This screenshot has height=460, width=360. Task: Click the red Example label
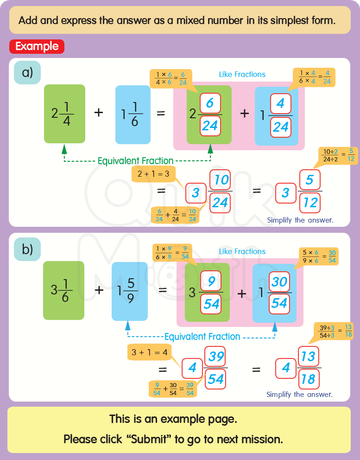(37, 46)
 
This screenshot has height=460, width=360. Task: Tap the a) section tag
(27, 73)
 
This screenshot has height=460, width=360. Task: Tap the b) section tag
(27, 249)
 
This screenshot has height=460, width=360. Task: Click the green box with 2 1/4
(64, 114)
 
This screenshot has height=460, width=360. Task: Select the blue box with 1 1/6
(133, 114)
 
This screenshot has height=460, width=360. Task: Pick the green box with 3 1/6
(63, 290)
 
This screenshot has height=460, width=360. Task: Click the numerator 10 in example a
(221, 179)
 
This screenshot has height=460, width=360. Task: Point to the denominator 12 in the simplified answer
(310, 202)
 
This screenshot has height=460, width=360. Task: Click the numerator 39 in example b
(216, 357)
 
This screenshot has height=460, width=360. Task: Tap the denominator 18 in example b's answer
(308, 379)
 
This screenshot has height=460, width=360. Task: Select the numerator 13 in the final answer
(308, 357)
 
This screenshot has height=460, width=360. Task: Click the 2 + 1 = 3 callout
(154, 174)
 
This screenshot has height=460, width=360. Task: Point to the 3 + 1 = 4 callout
(149, 352)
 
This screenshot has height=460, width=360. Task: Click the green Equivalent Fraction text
(135, 161)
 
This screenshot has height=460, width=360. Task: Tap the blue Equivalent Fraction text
(202, 337)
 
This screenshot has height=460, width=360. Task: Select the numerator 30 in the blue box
(279, 281)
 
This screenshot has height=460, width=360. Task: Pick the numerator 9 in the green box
(211, 281)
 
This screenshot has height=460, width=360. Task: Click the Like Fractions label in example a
(242, 74)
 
